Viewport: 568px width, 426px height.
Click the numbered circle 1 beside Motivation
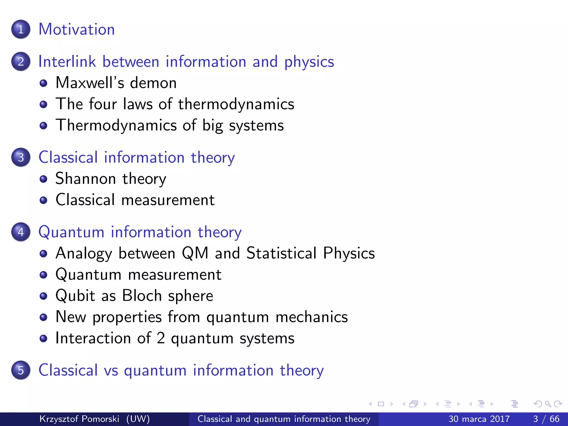click(x=21, y=29)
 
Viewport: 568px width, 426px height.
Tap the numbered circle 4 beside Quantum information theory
click(x=21, y=232)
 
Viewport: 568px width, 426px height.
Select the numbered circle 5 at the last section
click(x=21, y=370)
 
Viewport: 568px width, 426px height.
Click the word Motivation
click(x=77, y=29)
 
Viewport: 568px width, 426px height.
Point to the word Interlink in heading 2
click(x=67, y=61)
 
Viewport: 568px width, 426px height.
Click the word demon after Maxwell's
click(x=153, y=83)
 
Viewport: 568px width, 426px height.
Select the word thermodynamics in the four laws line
click(x=236, y=104)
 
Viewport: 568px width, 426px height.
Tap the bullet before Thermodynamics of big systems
click(x=43, y=126)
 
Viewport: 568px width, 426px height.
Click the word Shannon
click(x=85, y=179)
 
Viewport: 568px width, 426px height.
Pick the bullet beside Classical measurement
click(x=43, y=200)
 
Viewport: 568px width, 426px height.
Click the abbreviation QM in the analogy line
click(x=195, y=253)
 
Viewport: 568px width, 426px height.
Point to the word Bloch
click(x=142, y=296)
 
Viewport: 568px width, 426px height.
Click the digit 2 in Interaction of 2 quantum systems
click(x=161, y=338)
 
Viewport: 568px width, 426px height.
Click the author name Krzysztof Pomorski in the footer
click(x=79, y=419)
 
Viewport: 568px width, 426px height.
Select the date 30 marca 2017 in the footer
click(x=479, y=419)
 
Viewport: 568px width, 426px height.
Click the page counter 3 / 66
click(x=546, y=419)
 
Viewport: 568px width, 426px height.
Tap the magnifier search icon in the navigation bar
click(x=548, y=404)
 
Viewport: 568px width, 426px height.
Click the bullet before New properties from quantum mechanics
click(x=43, y=317)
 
